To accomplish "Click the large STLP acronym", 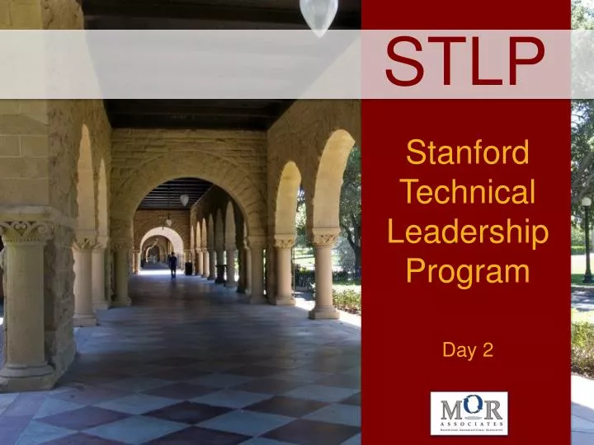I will [467, 62].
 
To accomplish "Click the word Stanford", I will [468, 153].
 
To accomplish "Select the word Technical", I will [468, 192].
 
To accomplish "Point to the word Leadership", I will [468, 232].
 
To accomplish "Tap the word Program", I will [468, 270].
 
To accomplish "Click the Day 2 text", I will [468, 349].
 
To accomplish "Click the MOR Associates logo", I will [469, 412].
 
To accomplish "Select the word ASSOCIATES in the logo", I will [469, 421].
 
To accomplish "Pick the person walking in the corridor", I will [172, 264].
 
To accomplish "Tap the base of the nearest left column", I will [28, 376].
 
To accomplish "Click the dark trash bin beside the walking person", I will [189, 268].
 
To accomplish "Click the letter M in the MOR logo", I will [449, 407].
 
